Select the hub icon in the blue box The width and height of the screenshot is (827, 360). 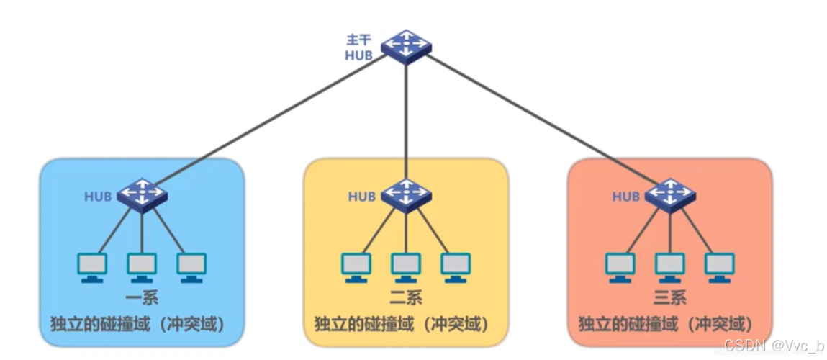pyautogui.click(x=143, y=194)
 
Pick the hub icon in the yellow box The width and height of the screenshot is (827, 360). pyautogui.click(x=406, y=194)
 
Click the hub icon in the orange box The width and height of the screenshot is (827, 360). pyautogui.click(x=670, y=194)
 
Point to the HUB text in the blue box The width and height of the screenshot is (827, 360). pyautogui.click(x=99, y=197)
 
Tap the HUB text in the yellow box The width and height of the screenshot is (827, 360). pyautogui.click(x=362, y=197)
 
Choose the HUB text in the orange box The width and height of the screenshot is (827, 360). pyautogui.click(x=626, y=197)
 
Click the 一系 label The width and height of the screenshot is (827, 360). pyautogui.click(x=141, y=297)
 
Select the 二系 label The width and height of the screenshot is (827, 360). pyautogui.click(x=405, y=297)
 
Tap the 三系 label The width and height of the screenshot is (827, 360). pyautogui.click(x=669, y=297)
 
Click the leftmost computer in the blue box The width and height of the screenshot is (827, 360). pyautogui.click(x=93, y=267)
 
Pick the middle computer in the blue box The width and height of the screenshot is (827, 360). pyautogui.click(x=142, y=267)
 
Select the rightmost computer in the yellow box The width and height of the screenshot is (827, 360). pyautogui.click(x=456, y=267)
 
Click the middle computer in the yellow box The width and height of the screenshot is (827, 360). pyautogui.click(x=406, y=267)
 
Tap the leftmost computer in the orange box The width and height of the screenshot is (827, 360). pyautogui.click(x=620, y=267)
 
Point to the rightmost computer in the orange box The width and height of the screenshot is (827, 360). pyautogui.click(x=720, y=267)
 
